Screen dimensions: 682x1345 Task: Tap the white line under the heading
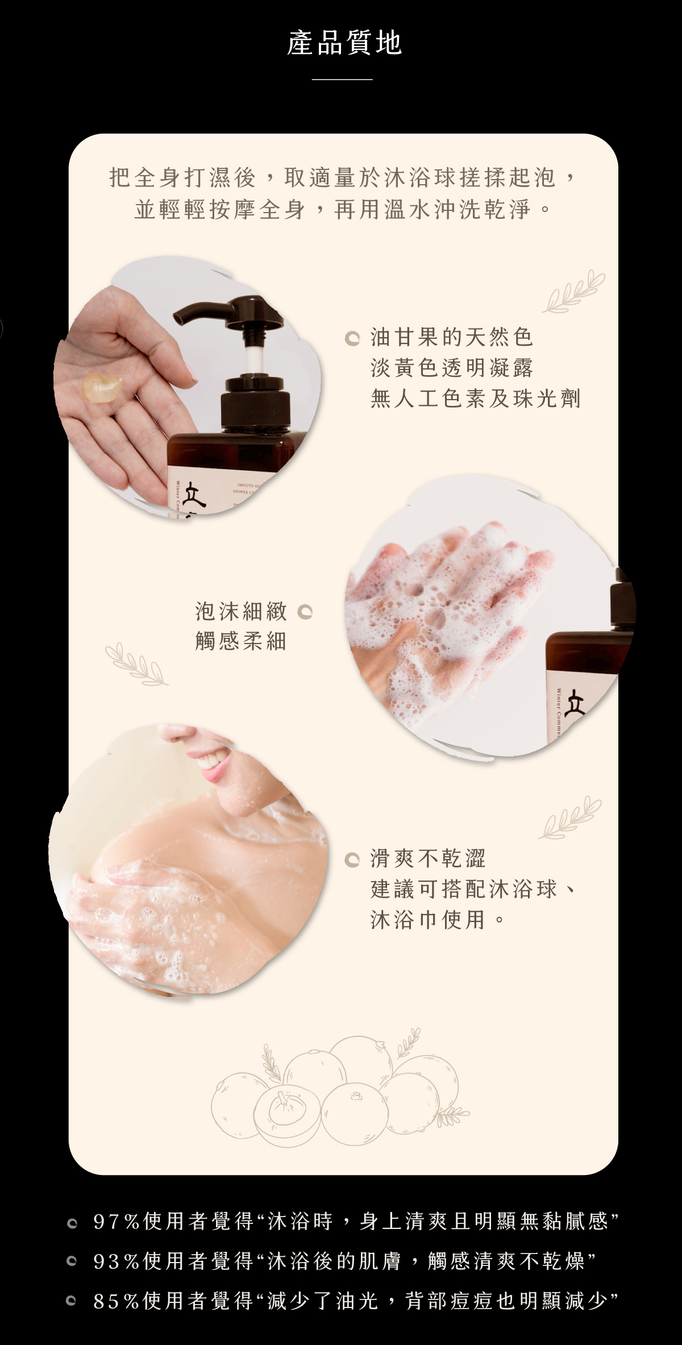[342, 80]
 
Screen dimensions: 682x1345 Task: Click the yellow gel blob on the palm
[102, 387]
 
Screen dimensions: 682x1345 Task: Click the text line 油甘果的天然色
[452, 337]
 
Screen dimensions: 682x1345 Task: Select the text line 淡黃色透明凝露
[452, 368]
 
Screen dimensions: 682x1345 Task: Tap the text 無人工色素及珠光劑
[476, 398]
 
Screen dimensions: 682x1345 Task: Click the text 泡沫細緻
[241, 611]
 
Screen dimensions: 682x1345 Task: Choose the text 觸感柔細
[241, 641]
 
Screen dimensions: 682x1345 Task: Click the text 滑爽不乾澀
[428, 858]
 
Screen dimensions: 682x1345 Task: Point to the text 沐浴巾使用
[428, 919]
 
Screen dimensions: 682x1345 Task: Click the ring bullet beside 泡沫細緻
[305, 612]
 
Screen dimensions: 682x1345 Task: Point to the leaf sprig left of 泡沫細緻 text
[137, 663]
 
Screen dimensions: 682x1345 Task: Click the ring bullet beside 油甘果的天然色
[352, 339]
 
